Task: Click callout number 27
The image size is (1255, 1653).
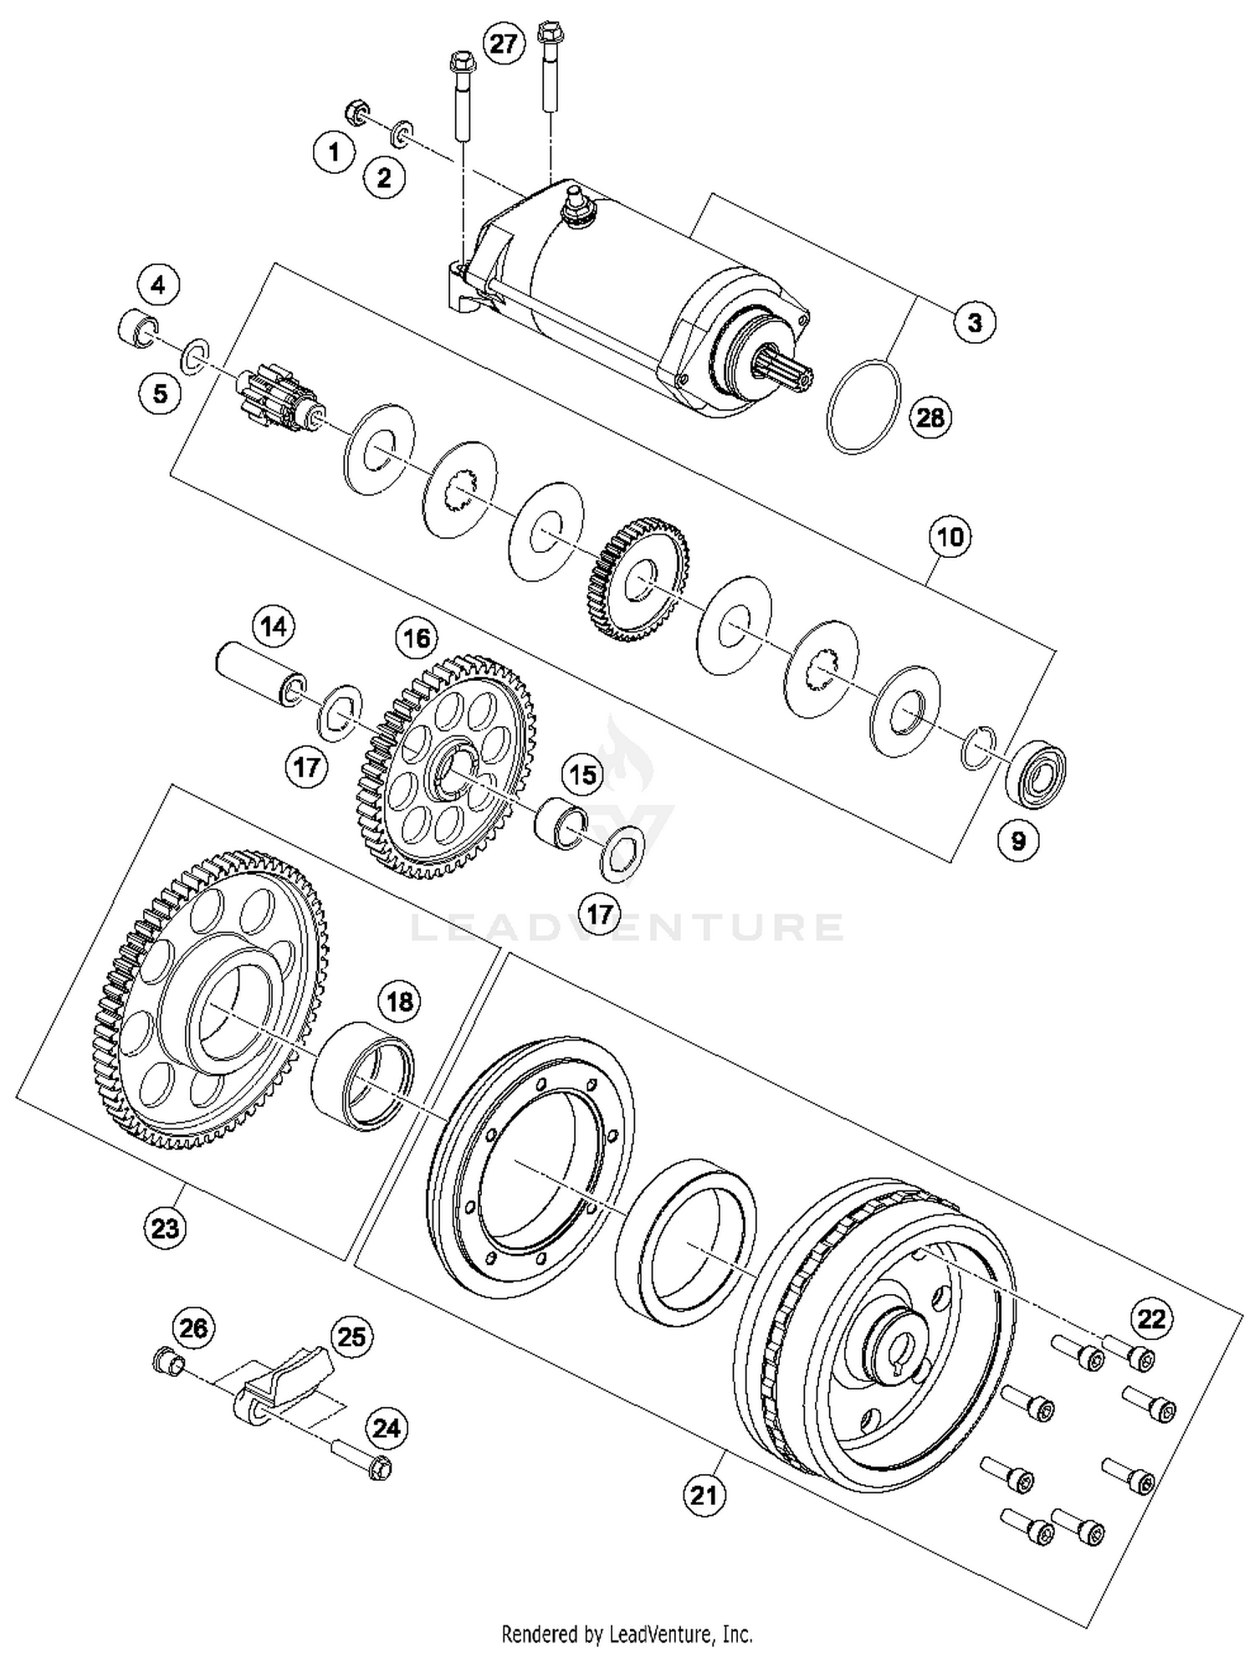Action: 504,43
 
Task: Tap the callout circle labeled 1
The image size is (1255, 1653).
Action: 335,152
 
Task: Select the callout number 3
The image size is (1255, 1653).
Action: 974,322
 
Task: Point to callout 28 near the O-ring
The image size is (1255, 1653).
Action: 930,417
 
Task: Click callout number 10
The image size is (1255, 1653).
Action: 950,537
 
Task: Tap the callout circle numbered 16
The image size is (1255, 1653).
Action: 417,638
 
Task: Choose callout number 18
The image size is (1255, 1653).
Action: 400,1000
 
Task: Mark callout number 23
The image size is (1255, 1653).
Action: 165,1228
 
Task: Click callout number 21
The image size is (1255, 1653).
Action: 704,1494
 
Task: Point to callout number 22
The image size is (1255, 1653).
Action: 1150,1318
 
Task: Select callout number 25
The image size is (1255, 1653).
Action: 351,1337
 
